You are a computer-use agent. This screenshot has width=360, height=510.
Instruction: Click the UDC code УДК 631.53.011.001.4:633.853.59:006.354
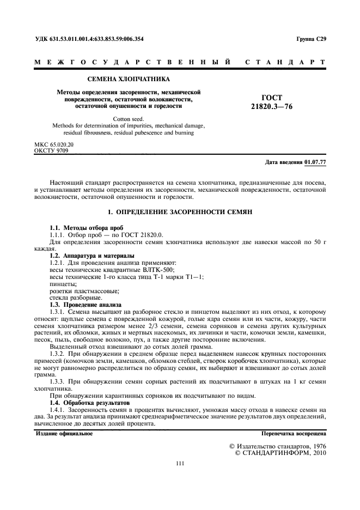pos(89,39)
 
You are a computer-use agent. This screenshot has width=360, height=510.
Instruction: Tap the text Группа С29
pos(311,39)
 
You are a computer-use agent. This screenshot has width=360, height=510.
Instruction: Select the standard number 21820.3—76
pos(272,107)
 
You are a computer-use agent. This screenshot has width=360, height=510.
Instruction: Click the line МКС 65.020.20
pos(54,144)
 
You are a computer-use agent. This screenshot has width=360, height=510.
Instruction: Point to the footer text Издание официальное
pos(64,434)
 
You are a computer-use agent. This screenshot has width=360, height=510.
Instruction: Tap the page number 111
pos(180,464)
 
